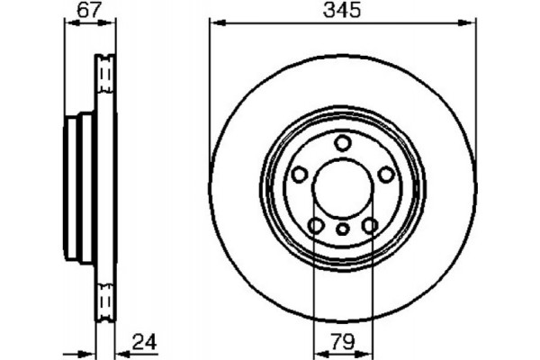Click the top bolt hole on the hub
tap(343, 142)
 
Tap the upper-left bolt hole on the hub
tap(299, 175)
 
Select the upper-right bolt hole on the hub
tap(386, 175)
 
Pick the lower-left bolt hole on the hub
tap(316, 225)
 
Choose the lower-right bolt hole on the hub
tap(370, 225)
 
